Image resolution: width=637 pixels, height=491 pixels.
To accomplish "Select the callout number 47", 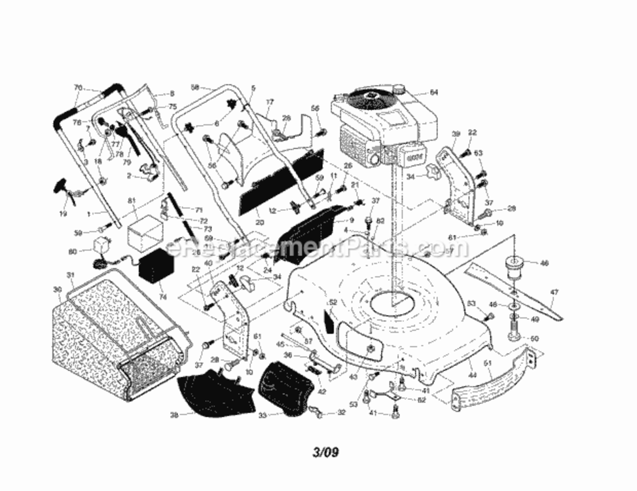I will point(554,293).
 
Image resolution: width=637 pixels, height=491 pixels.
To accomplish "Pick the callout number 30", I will point(57,289).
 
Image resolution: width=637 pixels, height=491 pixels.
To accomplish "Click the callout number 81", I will point(131,200).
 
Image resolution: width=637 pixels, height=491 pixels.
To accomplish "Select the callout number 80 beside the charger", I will point(72,250).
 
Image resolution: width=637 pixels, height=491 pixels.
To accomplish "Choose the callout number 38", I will point(173,414).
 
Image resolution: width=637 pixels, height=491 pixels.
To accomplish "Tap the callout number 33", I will point(263,414).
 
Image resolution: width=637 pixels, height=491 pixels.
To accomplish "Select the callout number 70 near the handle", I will point(78,88).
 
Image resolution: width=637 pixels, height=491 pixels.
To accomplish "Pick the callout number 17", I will point(269,101).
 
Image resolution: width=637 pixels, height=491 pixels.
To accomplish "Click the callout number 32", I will point(340,412).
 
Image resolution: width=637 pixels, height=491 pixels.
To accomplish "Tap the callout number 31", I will point(71,274).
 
